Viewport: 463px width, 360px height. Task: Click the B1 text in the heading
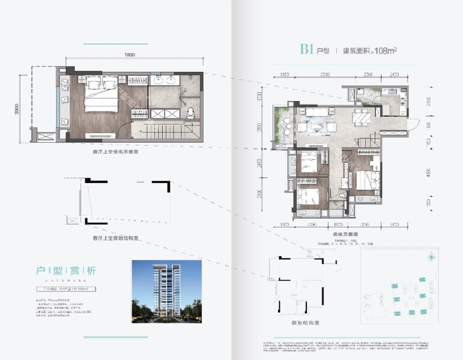308,50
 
